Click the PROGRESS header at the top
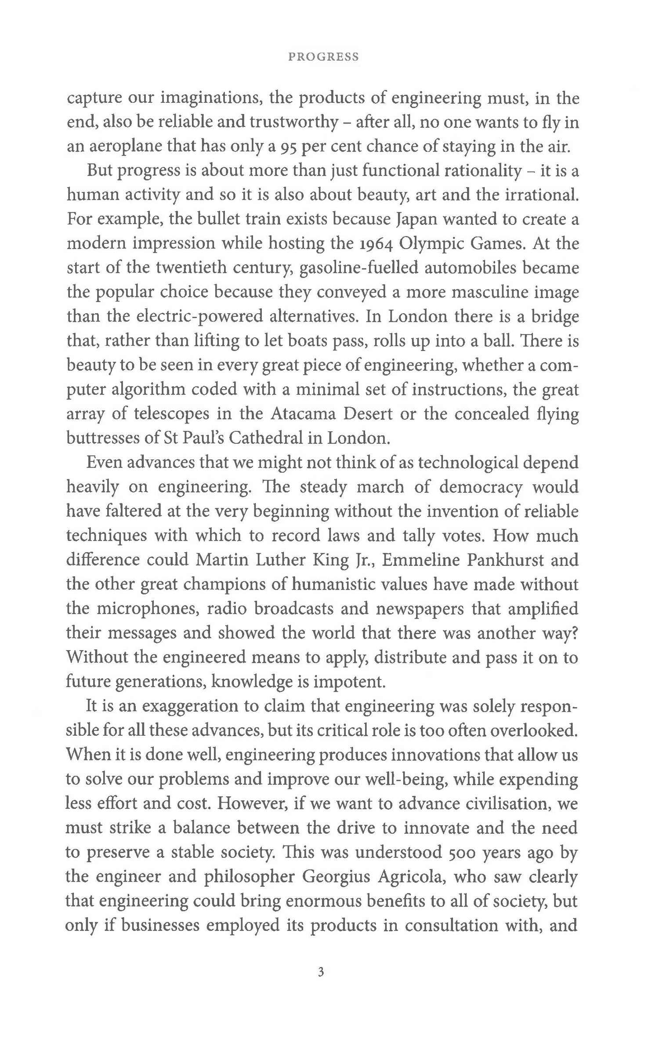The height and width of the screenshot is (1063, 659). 323,57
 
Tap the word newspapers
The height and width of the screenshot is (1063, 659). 416,609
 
